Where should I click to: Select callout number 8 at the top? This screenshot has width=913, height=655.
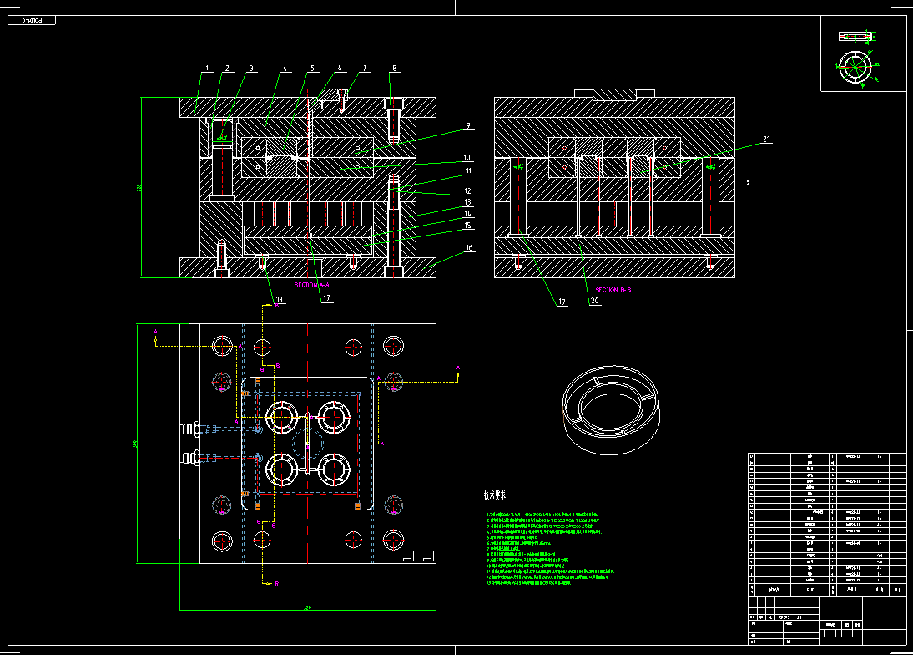click(x=395, y=69)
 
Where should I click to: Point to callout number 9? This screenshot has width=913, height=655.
click(x=467, y=126)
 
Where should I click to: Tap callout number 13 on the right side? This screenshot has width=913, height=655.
click(x=468, y=202)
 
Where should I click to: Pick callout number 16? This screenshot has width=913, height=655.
click(x=469, y=248)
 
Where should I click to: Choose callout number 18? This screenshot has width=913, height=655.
click(x=279, y=298)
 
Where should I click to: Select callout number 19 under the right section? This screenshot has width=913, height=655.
click(x=562, y=302)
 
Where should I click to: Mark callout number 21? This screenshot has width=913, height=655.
click(x=766, y=139)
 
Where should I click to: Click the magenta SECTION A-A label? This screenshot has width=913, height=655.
click(x=312, y=285)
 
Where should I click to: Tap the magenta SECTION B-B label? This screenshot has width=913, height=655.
click(x=613, y=289)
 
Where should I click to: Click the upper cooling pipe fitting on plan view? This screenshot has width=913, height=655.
click(x=189, y=429)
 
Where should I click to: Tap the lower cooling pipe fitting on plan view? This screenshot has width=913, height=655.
click(x=189, y=457)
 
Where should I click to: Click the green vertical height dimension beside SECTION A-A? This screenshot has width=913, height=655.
click(x=141, y=187)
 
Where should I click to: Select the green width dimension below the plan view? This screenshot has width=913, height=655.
click(x=307, y=608)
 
